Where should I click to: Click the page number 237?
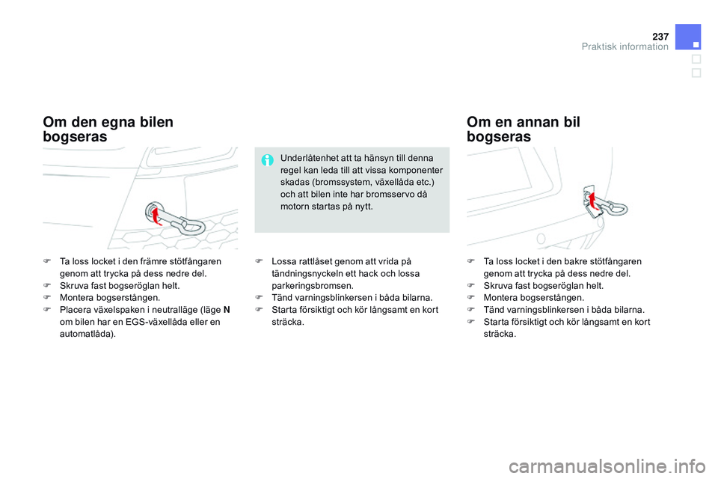coord(658,35)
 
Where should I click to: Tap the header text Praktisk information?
coord(625,46)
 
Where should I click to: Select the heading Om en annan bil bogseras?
coord(523,129)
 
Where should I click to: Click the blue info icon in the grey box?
coord(267,159)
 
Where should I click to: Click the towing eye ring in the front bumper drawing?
coord(192,224)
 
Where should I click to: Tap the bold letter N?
coord(226,310)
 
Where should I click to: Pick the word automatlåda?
coord(86,334)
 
